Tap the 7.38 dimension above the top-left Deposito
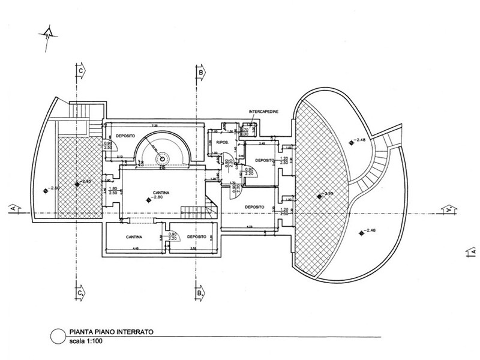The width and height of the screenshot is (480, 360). [154, 125]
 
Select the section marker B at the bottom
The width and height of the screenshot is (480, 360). [200, 295]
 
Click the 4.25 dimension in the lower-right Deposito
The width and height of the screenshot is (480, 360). [249, 226]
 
